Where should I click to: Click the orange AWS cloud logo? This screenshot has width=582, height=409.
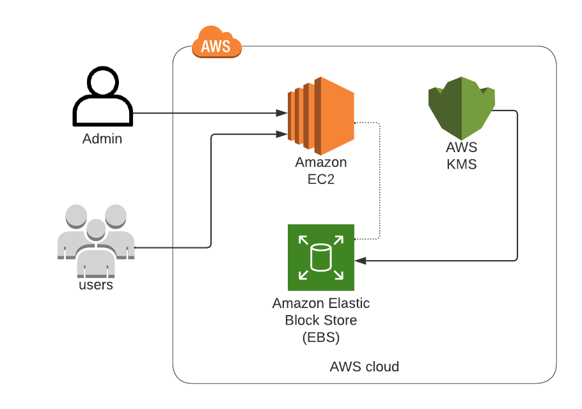click(x=216, y=43)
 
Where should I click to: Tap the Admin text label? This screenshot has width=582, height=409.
click(x=102, y=139)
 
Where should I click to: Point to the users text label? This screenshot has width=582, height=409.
click(x=96, y=285)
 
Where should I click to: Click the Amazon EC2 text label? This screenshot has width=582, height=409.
click(x=320, y=171)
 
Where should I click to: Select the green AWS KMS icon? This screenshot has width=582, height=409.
click(x=462, y=106)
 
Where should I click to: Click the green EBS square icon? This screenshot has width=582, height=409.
click(x=320, y=258)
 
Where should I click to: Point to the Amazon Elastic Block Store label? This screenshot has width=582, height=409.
click(x=320, y=311)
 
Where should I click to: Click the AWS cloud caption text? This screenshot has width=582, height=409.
click(x=364, y=367)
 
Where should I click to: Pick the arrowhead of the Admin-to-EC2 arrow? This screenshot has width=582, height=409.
click(x=281, y=113)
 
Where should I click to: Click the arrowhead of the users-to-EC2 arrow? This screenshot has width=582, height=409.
click(x=281, y=134)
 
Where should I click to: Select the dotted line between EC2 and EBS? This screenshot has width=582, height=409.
click(x=381, y=179)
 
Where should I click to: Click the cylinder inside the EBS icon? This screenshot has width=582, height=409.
click(x=320, y=258)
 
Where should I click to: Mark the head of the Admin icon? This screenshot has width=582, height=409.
click(x=102, y=82)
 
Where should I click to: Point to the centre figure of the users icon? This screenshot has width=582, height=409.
click(x=96, y=246)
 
